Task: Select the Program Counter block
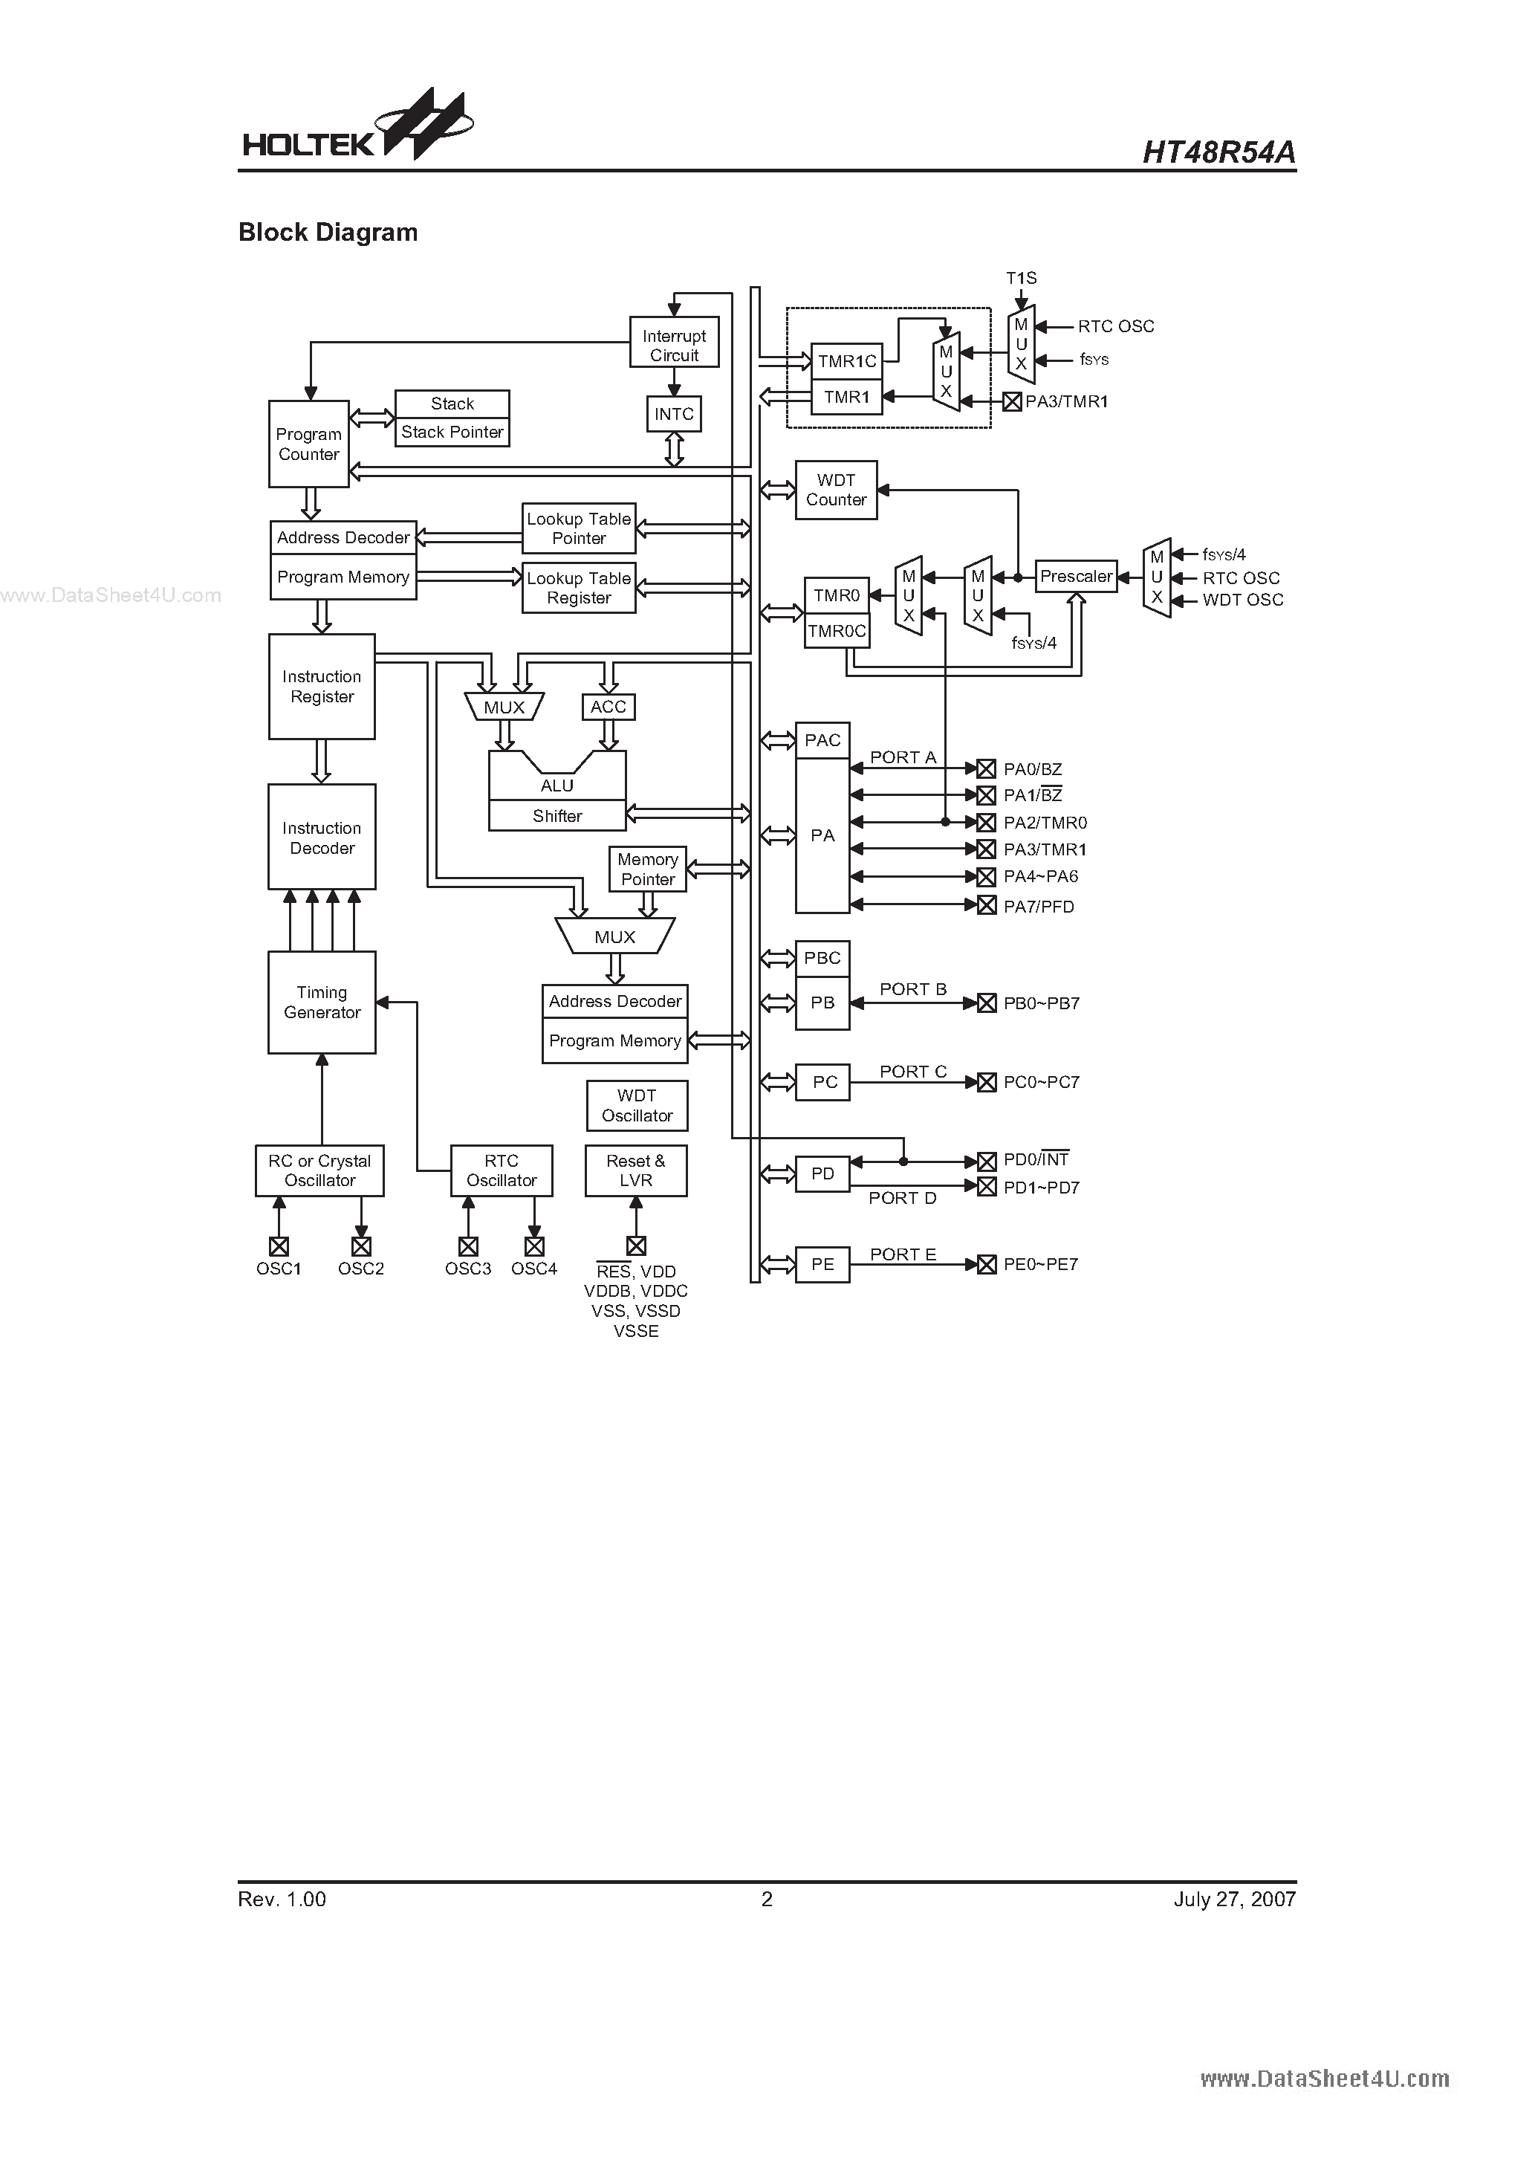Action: tap(308, 444)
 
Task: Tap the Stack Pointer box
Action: tap(452, 433)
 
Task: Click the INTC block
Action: tap(674, 415)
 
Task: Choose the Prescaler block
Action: tap(1076, 577)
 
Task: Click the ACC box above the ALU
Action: tap(608, 707)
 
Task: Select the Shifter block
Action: tap(556, 816)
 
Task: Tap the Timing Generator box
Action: tap(322, 1003)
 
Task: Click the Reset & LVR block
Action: tap(636, 1170)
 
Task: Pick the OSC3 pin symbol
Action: tap(467, 1246)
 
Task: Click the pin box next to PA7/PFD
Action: tap(986, 906)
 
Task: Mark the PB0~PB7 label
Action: tap(1041, 1003)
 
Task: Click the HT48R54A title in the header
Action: tap(1219, 152)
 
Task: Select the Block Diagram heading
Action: tap(328, 233)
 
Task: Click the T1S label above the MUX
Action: tap(1021, 278)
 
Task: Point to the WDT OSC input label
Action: tap(1242, 600)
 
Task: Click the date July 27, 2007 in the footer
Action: tap(1234, 1900)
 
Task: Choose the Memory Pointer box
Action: tap(647, 869)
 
